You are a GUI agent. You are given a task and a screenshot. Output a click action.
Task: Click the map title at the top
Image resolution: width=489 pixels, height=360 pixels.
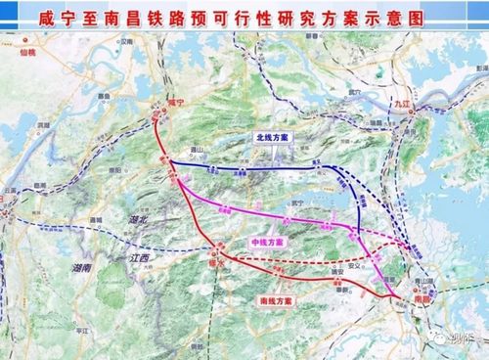[x=244, y=17]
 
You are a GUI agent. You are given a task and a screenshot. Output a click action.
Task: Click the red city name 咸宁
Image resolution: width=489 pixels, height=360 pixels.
[x=175, y=103]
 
